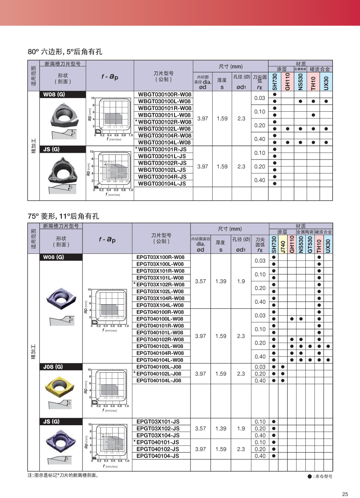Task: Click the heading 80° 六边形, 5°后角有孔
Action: pos(65,52)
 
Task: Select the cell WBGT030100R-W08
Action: pos(164,94)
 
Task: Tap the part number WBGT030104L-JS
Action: pos(162,183)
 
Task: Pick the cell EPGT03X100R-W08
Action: pos(161,257)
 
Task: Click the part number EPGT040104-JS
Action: pos(158,456)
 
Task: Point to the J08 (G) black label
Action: pos(54,367)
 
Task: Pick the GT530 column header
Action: pos(310,245)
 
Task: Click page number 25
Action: pos(344,494)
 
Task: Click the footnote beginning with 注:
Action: pos(63,475)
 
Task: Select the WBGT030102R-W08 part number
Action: pos(164,122)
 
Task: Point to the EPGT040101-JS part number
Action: pos(158,442)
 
